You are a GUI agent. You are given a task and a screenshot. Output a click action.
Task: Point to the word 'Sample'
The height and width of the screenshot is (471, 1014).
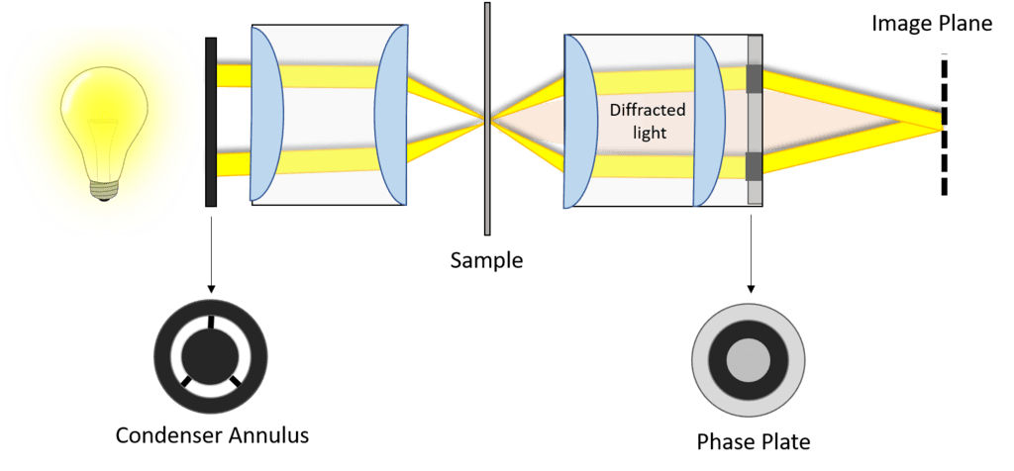point(486,261)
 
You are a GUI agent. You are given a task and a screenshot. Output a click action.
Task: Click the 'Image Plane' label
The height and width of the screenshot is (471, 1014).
point(931,22)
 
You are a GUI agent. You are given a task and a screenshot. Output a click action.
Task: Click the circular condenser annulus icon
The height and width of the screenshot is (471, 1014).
point(212,356)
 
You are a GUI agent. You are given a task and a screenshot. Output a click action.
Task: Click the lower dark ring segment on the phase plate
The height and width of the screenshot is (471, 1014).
point(756,165)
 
